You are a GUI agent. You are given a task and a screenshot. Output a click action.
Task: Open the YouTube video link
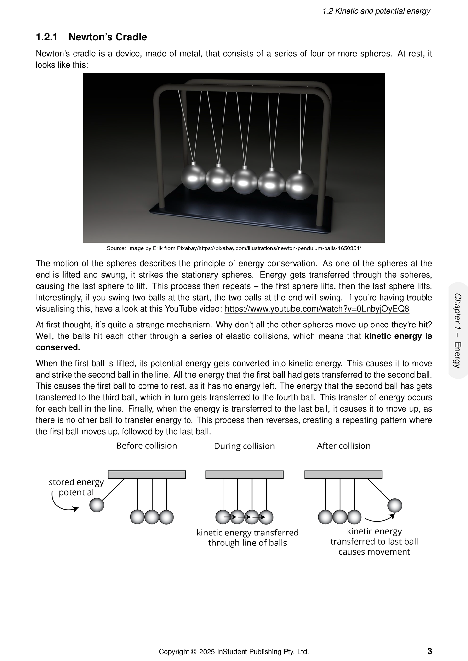coord(317,309)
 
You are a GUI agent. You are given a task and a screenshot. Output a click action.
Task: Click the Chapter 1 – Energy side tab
coord(458,330)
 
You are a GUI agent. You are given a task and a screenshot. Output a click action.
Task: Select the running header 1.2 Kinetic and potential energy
coord(376,11)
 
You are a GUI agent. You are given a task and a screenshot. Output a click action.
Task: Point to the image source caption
coord(234,248)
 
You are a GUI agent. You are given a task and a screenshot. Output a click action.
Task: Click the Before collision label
coord(146,446)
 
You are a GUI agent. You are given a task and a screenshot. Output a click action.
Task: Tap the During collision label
coord(244,446)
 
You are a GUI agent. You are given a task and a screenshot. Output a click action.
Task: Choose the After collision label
coord(343,446)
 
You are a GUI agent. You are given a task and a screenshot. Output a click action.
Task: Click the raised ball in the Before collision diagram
coord(97,505)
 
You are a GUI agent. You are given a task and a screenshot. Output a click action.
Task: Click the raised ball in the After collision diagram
coord(394,505)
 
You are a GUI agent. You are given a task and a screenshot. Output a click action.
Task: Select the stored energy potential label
coord(76,487)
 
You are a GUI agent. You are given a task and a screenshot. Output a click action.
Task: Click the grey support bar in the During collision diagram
coord(245,475)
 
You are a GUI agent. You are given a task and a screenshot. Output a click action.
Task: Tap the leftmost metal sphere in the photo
coord(193,178)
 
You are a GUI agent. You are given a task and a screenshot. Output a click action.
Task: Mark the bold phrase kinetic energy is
coord(398,336)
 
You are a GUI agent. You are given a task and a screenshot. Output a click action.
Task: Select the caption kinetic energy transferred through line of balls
coord(247,538)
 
